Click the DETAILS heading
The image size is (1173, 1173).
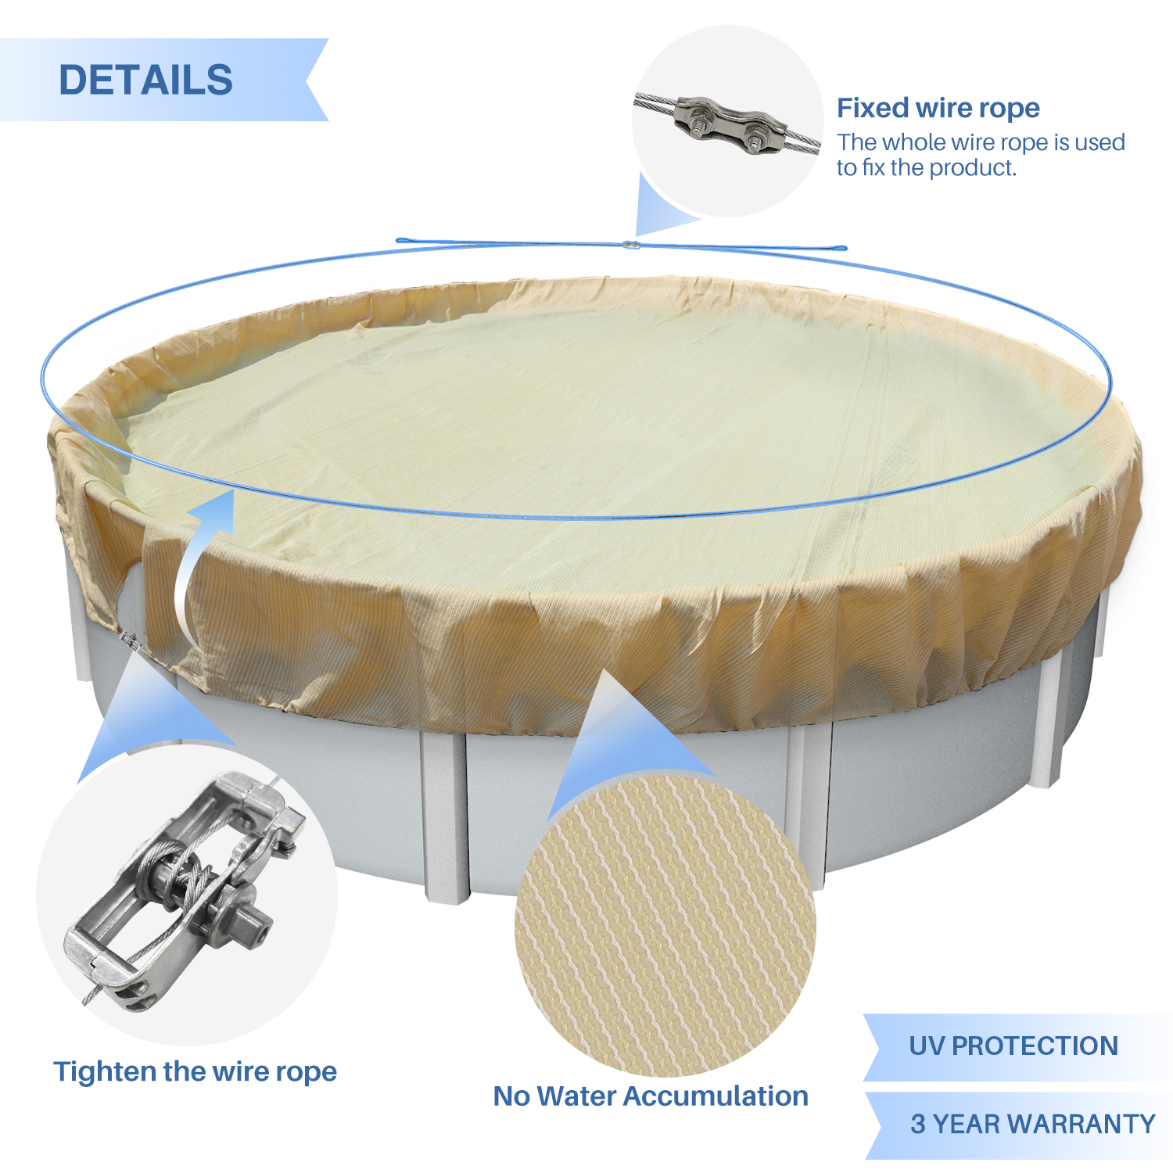(146, 80)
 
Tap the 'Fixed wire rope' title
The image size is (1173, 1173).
(938, 108)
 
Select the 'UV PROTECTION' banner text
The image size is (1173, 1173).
(1013, 1046)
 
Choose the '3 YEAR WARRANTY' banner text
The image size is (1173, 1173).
(1033, 1124)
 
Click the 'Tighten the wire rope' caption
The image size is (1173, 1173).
(195, 1071)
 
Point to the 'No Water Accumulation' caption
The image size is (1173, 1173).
(651, 1096)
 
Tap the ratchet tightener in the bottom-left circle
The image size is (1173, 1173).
(184, 889)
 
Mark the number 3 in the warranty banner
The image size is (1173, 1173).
(918, 1124)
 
